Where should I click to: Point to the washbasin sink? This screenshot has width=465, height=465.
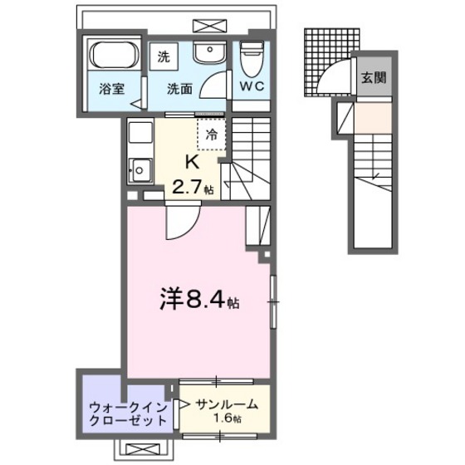(x=207, y=52)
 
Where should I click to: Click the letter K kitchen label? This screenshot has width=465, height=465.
(x=191, y=161)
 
